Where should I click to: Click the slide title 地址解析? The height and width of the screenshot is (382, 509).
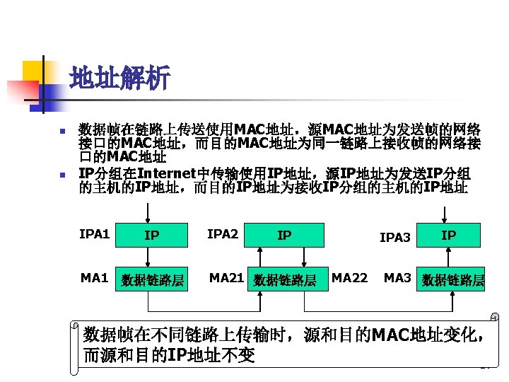point(120,79)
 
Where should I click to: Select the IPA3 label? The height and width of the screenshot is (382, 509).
point(394,237)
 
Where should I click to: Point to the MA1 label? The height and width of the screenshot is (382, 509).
point(94,277)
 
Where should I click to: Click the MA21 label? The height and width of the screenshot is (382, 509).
point(226,277)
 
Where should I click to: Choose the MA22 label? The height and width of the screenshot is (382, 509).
point(349,277)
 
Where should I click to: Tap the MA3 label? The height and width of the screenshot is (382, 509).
point(397,277)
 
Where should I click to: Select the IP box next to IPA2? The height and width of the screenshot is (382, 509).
point(284,235)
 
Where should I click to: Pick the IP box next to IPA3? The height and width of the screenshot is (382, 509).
point(449,235)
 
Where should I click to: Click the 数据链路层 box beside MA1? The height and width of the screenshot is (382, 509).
point(152,280)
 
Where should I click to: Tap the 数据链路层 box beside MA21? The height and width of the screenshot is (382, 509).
point(285,280)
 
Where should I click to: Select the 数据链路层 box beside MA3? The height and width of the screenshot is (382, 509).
point(452,280)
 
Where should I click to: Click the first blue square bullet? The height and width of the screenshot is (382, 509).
point(62,132)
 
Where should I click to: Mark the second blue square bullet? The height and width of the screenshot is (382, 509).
point(62,175)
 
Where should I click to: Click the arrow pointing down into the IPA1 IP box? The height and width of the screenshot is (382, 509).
point(148,212)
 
